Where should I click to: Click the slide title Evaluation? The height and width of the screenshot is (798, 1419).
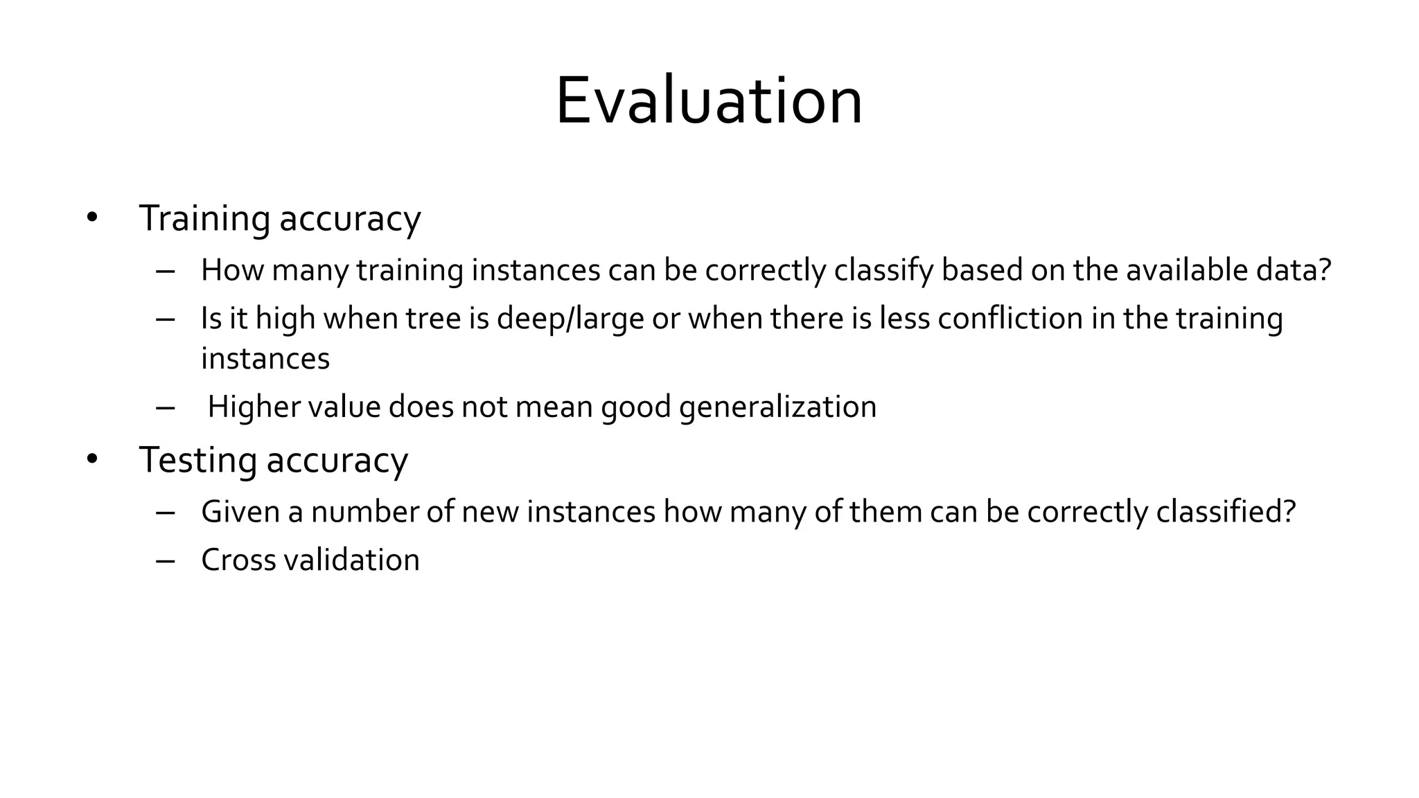(x=709, y=101)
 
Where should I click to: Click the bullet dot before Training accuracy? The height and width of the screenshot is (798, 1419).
(x=92, y=218)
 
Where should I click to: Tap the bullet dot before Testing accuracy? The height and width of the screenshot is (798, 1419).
(x=92, y=459)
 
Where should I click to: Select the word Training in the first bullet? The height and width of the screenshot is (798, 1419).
(x=204, y=218)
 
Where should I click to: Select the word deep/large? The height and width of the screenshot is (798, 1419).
(x=570, y=319)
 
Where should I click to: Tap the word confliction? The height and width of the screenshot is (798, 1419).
(x=1010, y=319)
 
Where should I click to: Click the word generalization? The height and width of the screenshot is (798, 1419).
(x=777, y=407)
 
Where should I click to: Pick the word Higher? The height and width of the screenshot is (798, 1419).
(x=254, y=407)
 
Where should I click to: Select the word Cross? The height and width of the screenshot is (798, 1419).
(x=238, y=560)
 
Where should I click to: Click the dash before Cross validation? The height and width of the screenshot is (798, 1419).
(x=166, y=560)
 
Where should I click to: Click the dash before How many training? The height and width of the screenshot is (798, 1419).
(x=166, y=270)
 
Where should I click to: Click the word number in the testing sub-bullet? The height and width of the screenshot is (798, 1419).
(x=364, y=512)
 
